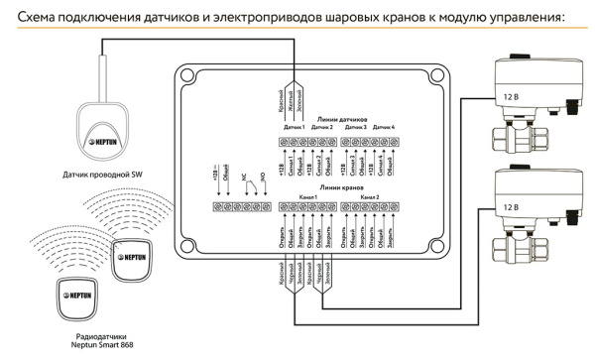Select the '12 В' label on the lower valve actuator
pos(508,207)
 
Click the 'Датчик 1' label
pos(295,127)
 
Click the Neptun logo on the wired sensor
pos(109,136)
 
